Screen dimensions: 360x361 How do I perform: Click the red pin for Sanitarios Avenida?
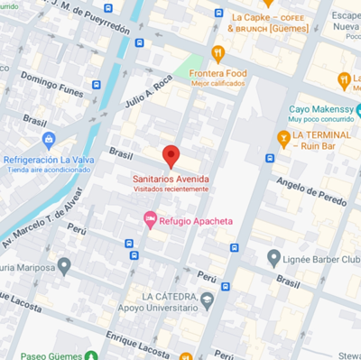[x=171, y=155]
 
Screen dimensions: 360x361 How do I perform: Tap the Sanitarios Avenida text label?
[x=171, y=179]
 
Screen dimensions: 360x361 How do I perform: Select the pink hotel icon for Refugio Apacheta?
[x=151, y=219]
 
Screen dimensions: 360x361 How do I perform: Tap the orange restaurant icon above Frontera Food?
[x=218, y=52]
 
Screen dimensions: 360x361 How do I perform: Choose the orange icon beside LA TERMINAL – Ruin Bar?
[x=283, y=138]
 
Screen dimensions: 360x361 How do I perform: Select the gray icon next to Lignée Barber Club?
[x=274, y=258]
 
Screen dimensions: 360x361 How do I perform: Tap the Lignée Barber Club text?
[x=320, y=259]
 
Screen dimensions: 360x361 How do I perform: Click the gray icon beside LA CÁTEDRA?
[x=208, y=300]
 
